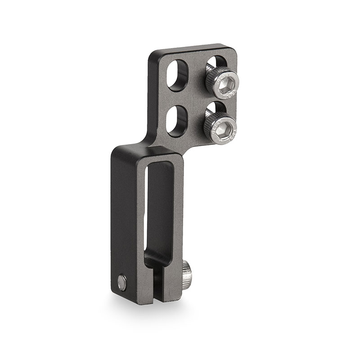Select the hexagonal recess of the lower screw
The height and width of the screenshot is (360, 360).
click(x=223, y=126)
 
